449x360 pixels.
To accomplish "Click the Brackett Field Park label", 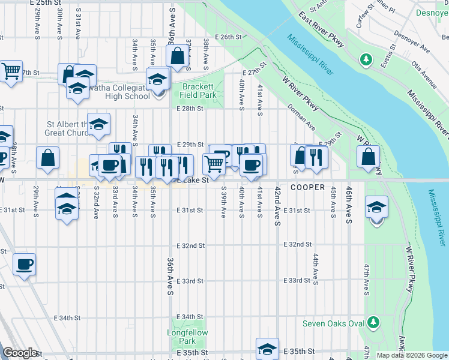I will pyautogui.click(x=199, y=91).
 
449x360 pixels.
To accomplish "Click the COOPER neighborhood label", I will pyautogui.click(x=307, y=187).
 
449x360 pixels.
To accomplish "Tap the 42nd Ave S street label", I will pyautogui.click(x=278, y=205).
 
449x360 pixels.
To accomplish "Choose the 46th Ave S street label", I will pyautogui.click(x=348, y=205).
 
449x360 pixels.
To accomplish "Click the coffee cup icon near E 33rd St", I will pyautogui.click(x=24, y=264).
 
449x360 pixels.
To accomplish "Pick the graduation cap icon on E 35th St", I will pyautogui.click(x=267, y=349).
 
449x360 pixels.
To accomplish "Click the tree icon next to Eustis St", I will pyautogui.click(x=366, y=59).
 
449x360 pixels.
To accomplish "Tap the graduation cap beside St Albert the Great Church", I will pyautogui.click(x=98, y=124).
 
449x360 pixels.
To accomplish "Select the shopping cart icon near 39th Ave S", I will pyautogui.click(x=214, y=163).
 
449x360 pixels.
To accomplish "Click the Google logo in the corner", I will pyautogui.click(x=20, y=353).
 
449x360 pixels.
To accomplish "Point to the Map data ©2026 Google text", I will pyautogui.click(x=411, y=356).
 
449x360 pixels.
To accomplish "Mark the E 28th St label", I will pyautogui.click(x=191, y=109).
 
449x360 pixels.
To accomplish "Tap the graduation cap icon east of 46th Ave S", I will pyautogui.click(x=376, y=207).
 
